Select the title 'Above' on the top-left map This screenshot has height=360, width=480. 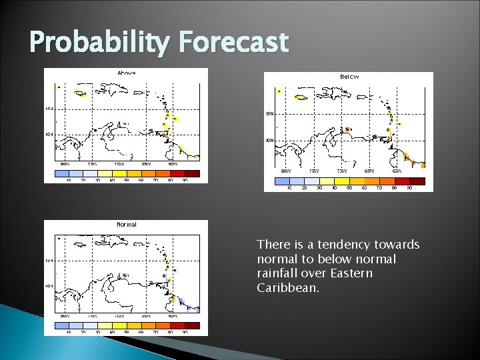pyautogui.click(x=126, y=72)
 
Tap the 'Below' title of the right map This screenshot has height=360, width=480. pyautogui.click(x=349, y=77)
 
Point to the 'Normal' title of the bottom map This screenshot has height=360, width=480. pyautogui.click(x=126, y=225)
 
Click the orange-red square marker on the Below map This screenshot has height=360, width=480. pyautogui.click(x=347, y=129)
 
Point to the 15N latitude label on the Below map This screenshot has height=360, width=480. pyautogui.click(x=269, y=114)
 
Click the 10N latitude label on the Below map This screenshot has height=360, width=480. pyautogui.click(x=269, y=141)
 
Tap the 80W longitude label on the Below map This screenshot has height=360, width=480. pyautogui.click(x=285, y=171)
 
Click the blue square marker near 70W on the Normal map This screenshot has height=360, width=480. pyautogui.click(x=125, y=275)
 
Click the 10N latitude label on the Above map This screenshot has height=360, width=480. pyautogui.click(x=49, y=134)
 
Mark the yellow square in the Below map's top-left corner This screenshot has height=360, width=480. pyautogui.click(x=279, y=91)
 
